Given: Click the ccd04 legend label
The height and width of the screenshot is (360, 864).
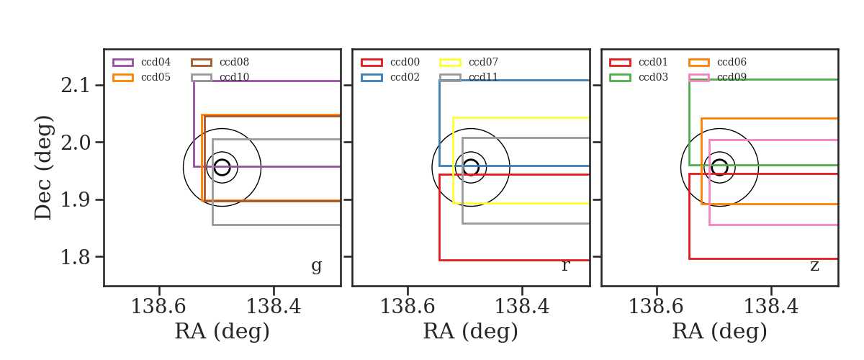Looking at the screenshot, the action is click(156, 62).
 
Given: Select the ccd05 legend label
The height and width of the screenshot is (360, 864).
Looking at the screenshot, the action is click(156, 78).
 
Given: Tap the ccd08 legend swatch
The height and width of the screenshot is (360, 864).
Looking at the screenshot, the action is click(202, 63).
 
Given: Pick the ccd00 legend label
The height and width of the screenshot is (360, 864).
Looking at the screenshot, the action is click(405, 62).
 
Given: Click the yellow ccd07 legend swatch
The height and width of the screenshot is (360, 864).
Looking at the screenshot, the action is click(450, 63).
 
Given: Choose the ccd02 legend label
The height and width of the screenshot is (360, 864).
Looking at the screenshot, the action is click(405, 78).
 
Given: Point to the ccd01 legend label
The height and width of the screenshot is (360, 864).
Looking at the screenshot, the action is click(653, 62).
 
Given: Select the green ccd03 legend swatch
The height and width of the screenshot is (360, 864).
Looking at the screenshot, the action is click(620, 78).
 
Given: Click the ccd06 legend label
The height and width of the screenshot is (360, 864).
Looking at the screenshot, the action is click(732, 62).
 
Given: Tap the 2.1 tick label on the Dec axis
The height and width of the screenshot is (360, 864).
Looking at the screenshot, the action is click(75, 85).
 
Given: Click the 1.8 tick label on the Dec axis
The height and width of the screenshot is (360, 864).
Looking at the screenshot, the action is click(75, 257).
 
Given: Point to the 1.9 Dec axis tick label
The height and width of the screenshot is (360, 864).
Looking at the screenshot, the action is click(75, 200).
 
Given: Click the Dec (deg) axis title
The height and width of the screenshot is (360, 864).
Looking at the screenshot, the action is click(42, 168).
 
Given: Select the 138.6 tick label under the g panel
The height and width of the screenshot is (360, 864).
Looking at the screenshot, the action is click(158, 307).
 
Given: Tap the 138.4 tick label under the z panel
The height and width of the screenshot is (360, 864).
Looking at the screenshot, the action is click(770, 307).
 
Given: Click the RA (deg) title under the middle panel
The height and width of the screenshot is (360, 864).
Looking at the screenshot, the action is click(471, 331).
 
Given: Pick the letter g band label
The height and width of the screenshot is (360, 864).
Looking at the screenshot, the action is click(316, 266).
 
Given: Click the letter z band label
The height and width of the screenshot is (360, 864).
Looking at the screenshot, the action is click(814, 266).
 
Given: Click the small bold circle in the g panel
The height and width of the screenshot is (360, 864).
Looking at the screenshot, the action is click(222, 160).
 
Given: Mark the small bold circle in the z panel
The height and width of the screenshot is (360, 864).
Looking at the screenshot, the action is click(719, 160).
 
